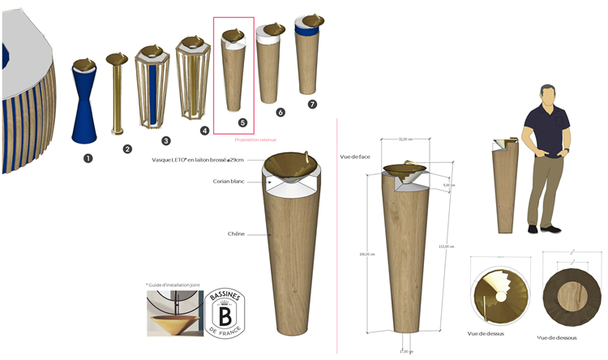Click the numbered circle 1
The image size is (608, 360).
[88, 158]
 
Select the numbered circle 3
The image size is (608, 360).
[165, 139]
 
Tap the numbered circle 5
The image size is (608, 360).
[242, 122]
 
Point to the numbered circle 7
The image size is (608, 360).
[312, 105]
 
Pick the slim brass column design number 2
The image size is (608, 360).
[117, 93]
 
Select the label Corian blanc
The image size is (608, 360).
[230, 182]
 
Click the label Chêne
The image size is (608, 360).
[238, 234]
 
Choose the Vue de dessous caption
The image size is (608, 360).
[557, 337]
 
